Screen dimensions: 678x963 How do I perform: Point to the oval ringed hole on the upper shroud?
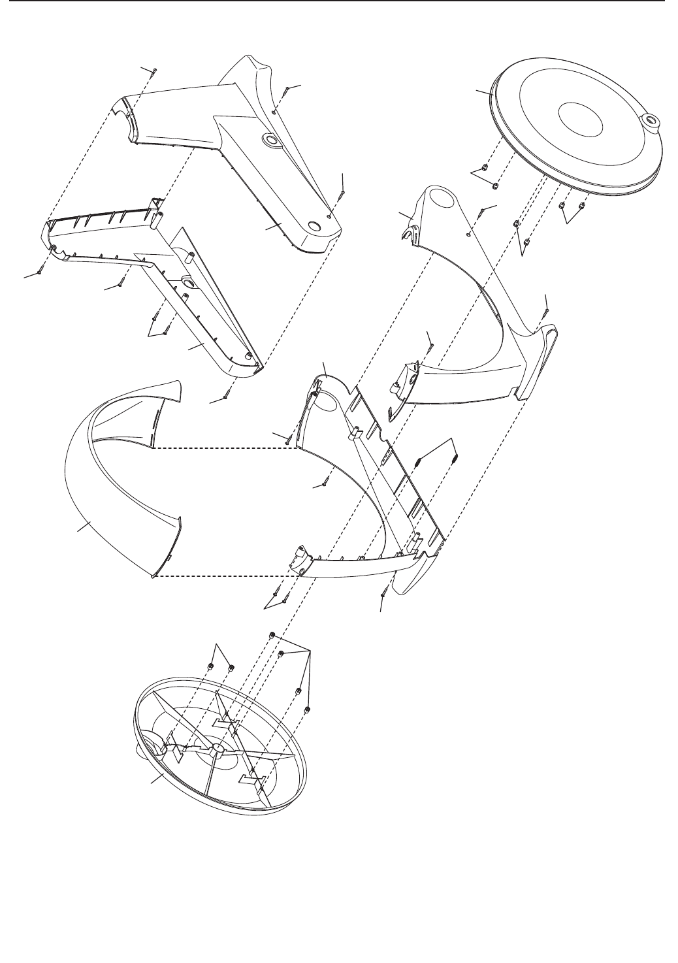269,139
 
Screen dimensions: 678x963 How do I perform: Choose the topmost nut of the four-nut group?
270,635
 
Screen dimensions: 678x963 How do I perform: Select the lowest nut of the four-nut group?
308,710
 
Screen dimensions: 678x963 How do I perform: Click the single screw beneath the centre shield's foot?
383,592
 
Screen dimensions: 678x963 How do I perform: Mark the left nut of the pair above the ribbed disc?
211,666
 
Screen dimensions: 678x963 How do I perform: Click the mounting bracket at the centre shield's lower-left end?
299,559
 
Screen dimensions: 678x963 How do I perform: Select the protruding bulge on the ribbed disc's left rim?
145,751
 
